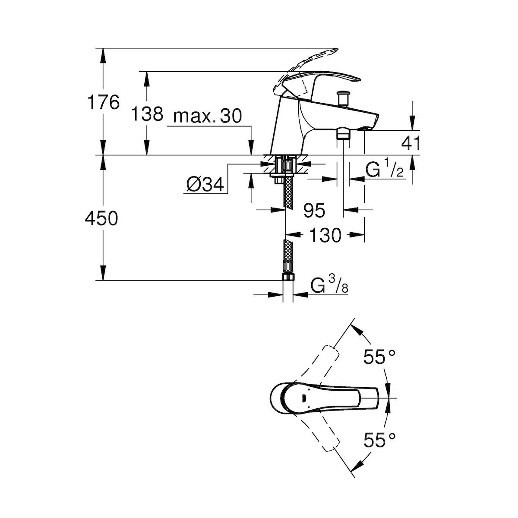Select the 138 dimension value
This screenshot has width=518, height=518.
147,114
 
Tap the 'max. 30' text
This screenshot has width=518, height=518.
207,116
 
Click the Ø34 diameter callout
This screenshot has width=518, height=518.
205,185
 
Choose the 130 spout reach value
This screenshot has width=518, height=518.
325,235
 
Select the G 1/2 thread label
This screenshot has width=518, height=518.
385,171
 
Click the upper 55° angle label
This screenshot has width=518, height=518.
379,357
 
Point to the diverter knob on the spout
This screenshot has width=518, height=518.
344,97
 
